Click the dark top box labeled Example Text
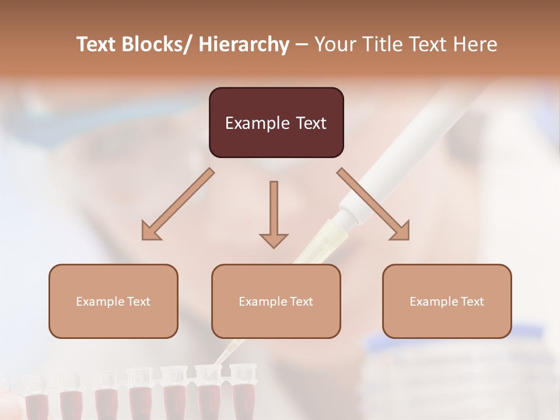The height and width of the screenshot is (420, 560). click(276, 123)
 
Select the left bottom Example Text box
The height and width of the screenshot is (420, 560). click(113, 301)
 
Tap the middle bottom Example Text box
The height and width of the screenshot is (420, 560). click(276, 301)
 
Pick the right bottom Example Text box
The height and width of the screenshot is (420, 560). click(447, 301)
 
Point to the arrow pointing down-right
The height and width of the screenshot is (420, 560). click(373, 204)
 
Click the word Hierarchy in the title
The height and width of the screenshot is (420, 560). click(244, 44)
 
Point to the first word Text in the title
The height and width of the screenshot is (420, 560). click(96, 44)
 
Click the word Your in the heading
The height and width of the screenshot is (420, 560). click(334, 44)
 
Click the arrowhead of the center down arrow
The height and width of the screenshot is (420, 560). click(274, 240)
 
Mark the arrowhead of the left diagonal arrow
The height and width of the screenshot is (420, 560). click(150, 232)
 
